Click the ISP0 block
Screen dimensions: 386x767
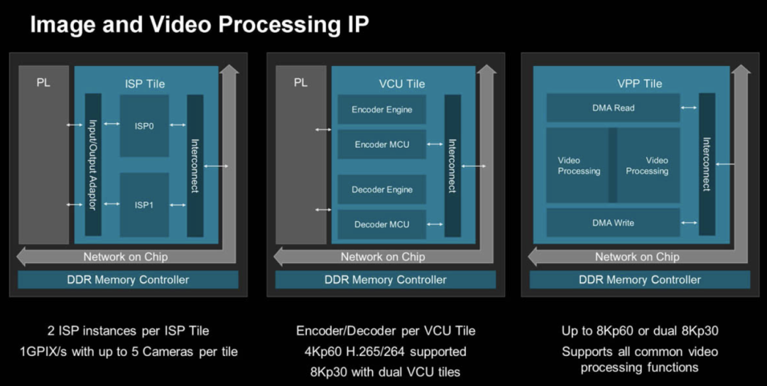(144, 126)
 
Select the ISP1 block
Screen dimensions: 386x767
(144, 205)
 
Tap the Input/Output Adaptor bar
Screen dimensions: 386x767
(93, 165)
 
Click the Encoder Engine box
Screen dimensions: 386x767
(381, 109)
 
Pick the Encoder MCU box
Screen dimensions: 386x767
(381, 144)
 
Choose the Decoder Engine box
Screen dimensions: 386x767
(381, 189)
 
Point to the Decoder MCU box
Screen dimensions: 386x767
(381, 224)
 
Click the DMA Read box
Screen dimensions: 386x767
(613, 108)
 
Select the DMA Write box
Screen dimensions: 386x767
(613, 223)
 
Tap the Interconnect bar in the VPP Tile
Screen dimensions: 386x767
(707, 164)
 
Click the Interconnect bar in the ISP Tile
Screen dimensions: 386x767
(195, 165)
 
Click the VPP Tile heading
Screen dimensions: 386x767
(640, 84)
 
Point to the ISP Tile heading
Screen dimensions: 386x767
(144, 84)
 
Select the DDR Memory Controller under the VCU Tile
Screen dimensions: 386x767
(386, 279)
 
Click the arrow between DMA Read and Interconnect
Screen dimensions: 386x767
(689, 108)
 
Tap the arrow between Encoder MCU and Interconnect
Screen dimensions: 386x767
(435, 144)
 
